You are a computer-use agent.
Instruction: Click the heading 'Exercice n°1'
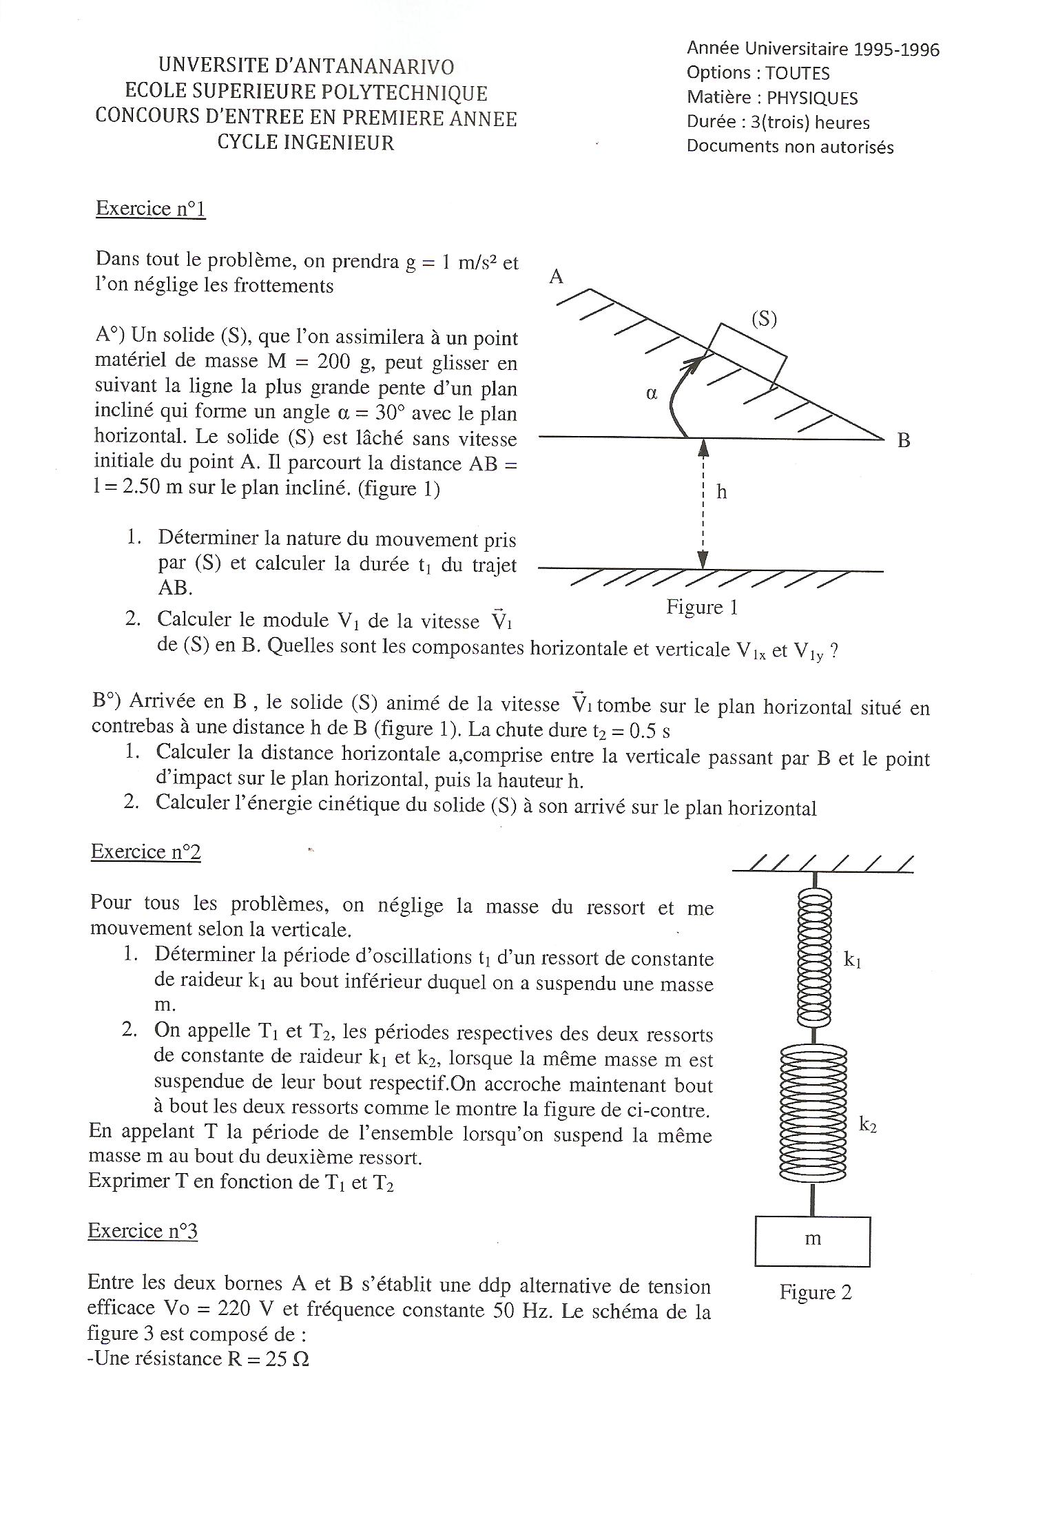150,208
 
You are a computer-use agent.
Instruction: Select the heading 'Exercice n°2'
145,851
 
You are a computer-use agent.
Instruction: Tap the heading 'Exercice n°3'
143,1230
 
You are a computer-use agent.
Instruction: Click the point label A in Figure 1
557,277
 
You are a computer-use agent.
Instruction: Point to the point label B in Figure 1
903,441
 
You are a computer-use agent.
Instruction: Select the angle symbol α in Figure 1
652,394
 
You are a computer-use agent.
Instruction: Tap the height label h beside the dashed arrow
721,492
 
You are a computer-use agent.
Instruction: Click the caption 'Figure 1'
701,607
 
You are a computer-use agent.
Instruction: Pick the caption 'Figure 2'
815,1292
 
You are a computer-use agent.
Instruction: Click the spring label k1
852,960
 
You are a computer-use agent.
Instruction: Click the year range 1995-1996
896,49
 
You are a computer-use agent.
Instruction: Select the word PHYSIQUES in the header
812,98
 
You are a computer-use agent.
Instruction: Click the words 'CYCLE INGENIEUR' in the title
306,143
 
